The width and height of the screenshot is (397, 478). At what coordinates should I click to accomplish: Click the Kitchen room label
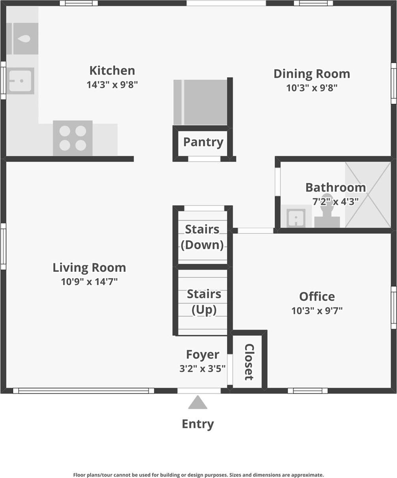[112, 71]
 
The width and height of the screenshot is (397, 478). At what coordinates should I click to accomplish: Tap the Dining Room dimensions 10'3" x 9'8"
[312, 88]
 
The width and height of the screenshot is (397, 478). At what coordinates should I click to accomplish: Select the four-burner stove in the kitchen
[73, 138]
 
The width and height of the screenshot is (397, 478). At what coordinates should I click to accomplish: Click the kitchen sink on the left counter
[20, 81]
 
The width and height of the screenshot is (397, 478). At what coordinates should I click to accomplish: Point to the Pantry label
[203, 142]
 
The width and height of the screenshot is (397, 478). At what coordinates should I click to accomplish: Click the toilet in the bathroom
[327, 213]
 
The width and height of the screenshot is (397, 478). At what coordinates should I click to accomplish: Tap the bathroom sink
[296, 217]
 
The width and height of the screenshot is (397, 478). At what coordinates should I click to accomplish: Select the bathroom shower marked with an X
[368, 195]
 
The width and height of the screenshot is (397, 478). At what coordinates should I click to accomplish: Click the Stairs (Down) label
[202, 237]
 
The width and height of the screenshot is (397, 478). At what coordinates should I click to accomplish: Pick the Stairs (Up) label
[204, 302]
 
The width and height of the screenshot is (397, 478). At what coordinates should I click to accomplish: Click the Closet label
[249, 362]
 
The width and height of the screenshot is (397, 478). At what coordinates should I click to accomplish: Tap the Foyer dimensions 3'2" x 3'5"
[202, 369]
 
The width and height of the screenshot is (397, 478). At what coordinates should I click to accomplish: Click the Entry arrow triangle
[198, 403]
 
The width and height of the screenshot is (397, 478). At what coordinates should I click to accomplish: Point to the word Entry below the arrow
[198, 424]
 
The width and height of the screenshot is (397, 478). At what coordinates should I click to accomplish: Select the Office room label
[317, 297]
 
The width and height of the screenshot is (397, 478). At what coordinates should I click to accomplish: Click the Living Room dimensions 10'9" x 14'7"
[89, 282]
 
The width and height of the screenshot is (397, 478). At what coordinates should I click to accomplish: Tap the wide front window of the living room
[83, 391]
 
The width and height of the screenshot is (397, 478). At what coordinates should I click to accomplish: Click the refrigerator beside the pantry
[200, 102]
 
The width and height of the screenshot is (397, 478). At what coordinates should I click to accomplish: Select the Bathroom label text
[335, 187]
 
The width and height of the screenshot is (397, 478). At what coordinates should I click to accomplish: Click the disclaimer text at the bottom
[198, 475]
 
